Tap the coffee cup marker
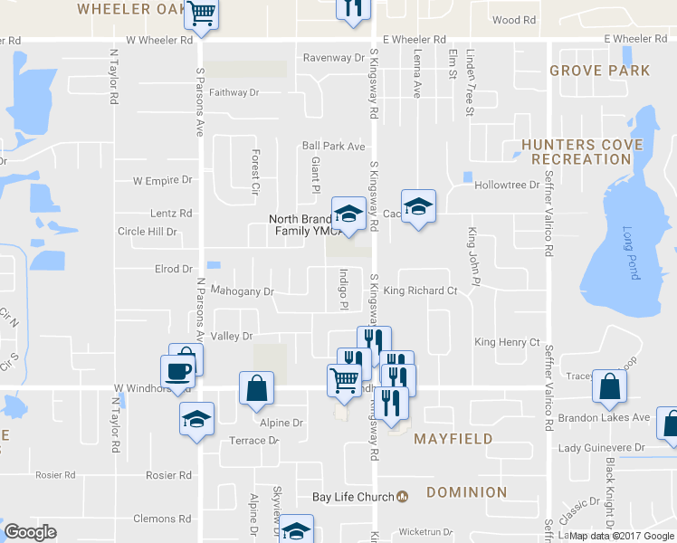click(x=176, y=371)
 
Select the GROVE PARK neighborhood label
click(x=599, y=71)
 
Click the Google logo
click(x=30, y=532)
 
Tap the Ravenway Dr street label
click(x=333, y=58)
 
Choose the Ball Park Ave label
click(x=333, y=146)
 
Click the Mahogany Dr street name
click(x=242, y=291)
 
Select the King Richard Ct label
click(x=420, y=291)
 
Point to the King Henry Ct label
click(x=507, y=343)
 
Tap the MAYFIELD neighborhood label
click(x=453, y=439)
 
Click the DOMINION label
click(x=466, y=492)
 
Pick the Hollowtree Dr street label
click(x=507, y=186)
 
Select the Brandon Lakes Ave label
click(x=604, y=417)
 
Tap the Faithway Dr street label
click(x=234, y=92)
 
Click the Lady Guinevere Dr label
click(x=601, y=448)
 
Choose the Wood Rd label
click(x=513, y=20)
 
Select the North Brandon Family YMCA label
click(x=300, y=225)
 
